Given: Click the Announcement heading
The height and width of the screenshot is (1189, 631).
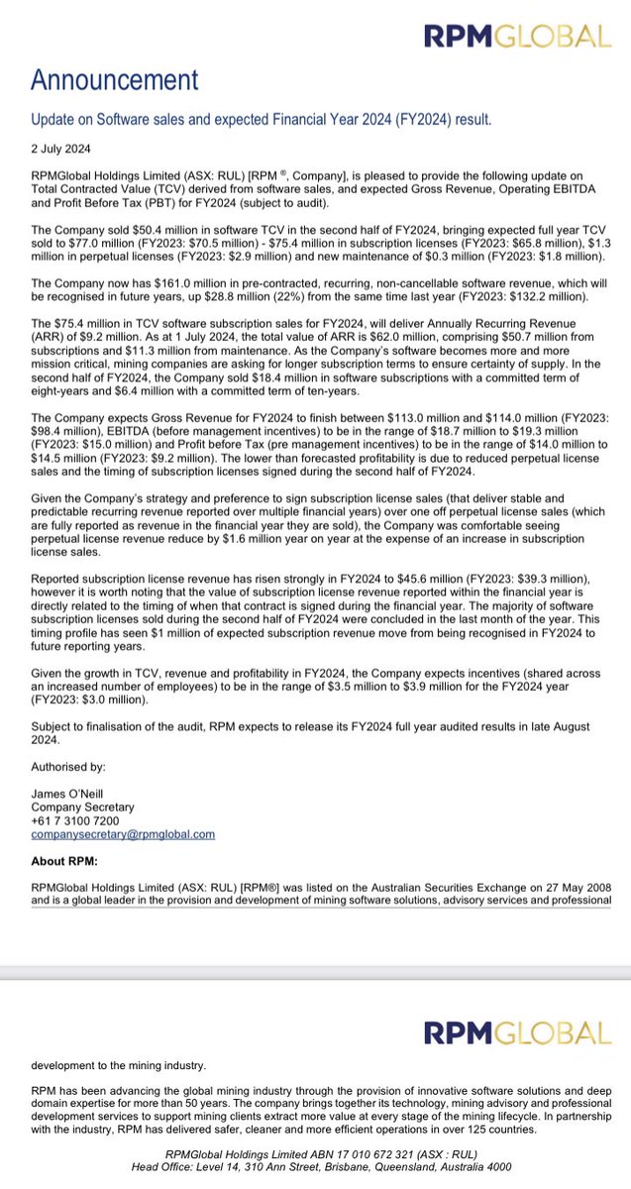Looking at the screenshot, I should click(114, 79).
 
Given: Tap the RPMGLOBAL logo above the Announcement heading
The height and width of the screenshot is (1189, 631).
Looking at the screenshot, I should click(517, 37).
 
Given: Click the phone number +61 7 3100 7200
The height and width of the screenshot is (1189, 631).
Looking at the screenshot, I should click(78, 821).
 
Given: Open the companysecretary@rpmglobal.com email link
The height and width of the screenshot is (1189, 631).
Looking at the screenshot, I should click(123, 834).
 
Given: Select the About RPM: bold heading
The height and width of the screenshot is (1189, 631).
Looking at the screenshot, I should click(70, 860).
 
